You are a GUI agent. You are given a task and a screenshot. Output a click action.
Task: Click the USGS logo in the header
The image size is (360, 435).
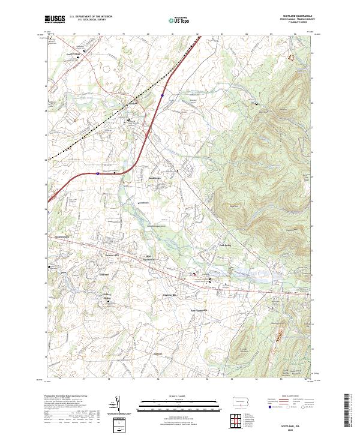tap(55, 19)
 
